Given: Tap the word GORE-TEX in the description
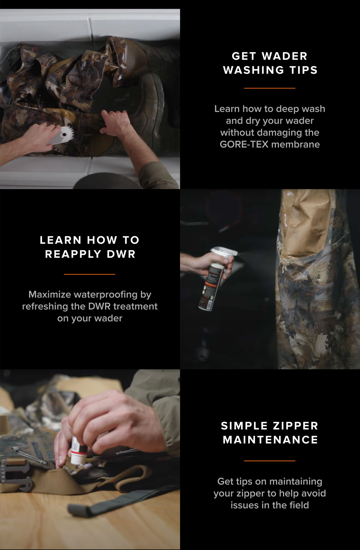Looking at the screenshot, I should [244, 144].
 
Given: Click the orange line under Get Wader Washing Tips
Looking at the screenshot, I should [269, 88].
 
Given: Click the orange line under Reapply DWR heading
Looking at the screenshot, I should [89, 274].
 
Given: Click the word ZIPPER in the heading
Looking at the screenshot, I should [295, 426].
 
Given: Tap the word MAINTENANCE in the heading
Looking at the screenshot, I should [270, 440].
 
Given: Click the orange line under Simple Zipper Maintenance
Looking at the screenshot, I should [269, 461].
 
